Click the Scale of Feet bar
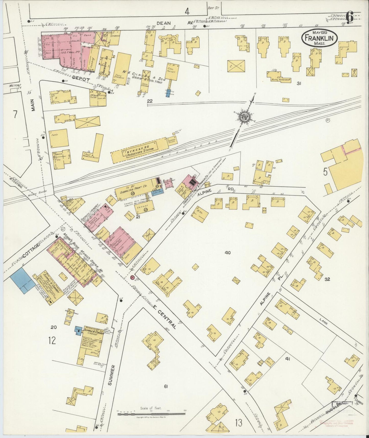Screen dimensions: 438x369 152,413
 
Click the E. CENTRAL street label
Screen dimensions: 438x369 164,316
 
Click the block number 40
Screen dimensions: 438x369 228,253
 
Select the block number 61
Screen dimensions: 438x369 166,386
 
